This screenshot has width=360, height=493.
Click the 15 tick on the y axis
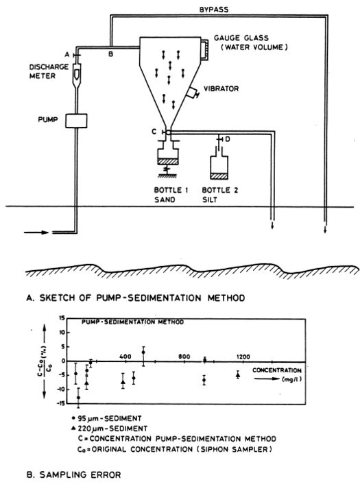click(x=61, y=318)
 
